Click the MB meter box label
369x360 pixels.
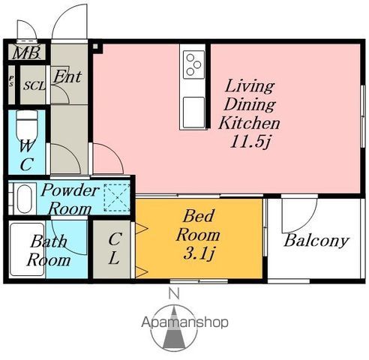26,52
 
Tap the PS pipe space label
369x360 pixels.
11,81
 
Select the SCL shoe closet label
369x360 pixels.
34,85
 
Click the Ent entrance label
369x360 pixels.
67,76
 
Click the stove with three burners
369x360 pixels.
193,64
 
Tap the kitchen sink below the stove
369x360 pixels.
193,112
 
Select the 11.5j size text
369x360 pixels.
250,142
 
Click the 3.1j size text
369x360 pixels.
199,253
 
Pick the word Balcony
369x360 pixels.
316,241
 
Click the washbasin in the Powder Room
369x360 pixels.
25,199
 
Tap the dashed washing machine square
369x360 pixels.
117,198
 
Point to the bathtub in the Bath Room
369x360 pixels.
27,250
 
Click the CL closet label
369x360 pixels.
115,248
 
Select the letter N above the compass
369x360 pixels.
174,294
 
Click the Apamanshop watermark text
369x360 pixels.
184,322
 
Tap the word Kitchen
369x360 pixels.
249,123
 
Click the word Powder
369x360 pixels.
70,190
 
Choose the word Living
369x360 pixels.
250,86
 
